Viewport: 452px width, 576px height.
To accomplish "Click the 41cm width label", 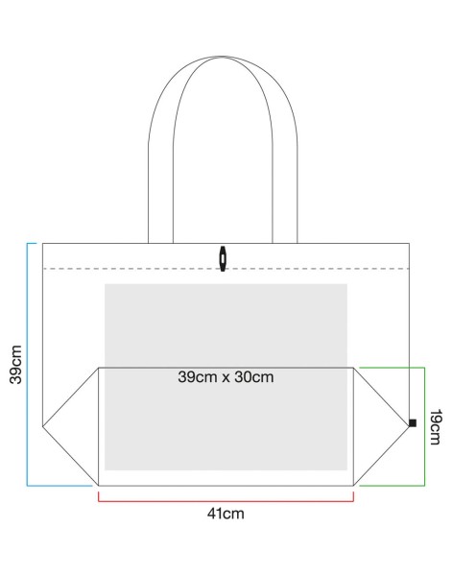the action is pos(226,514).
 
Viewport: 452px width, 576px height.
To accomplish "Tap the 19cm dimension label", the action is pos(436,427).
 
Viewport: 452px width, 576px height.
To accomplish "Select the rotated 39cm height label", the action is pos(15,365).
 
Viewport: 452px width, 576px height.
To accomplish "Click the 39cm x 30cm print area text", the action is pos(226,377).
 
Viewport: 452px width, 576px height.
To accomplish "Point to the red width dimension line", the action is pos(226,501).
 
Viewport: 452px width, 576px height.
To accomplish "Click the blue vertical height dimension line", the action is pos(27,365).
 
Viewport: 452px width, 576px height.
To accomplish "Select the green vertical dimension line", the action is pos(424,426).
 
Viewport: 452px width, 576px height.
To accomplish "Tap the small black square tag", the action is pos(413,422).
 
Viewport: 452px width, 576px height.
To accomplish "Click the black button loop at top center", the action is pos(223,258).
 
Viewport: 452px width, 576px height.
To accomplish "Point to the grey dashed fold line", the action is pos(226,269).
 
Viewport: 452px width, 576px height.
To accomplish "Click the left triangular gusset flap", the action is pos(70,426).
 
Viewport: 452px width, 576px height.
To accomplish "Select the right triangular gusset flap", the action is pos(381,426).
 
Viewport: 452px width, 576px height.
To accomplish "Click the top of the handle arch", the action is pos(223,57).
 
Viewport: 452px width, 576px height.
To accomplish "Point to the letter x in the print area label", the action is pos(226,378).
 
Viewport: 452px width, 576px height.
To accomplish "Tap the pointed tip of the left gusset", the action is pos(43,426).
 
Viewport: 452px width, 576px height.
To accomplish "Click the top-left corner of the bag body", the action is pos(42,243).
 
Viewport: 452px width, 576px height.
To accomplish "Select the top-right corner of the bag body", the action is pos(410,243).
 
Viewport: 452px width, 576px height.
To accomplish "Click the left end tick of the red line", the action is pos(99,496).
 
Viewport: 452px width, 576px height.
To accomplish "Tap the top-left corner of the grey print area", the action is pos(105,284).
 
